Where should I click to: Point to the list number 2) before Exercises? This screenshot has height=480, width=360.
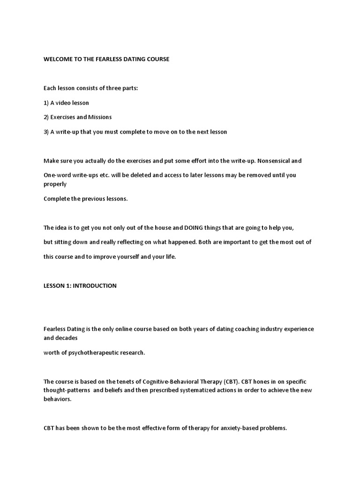coord(47,117)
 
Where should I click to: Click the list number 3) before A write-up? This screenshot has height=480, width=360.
coord(47,132)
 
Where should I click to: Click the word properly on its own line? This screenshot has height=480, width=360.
coord(55,184)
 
